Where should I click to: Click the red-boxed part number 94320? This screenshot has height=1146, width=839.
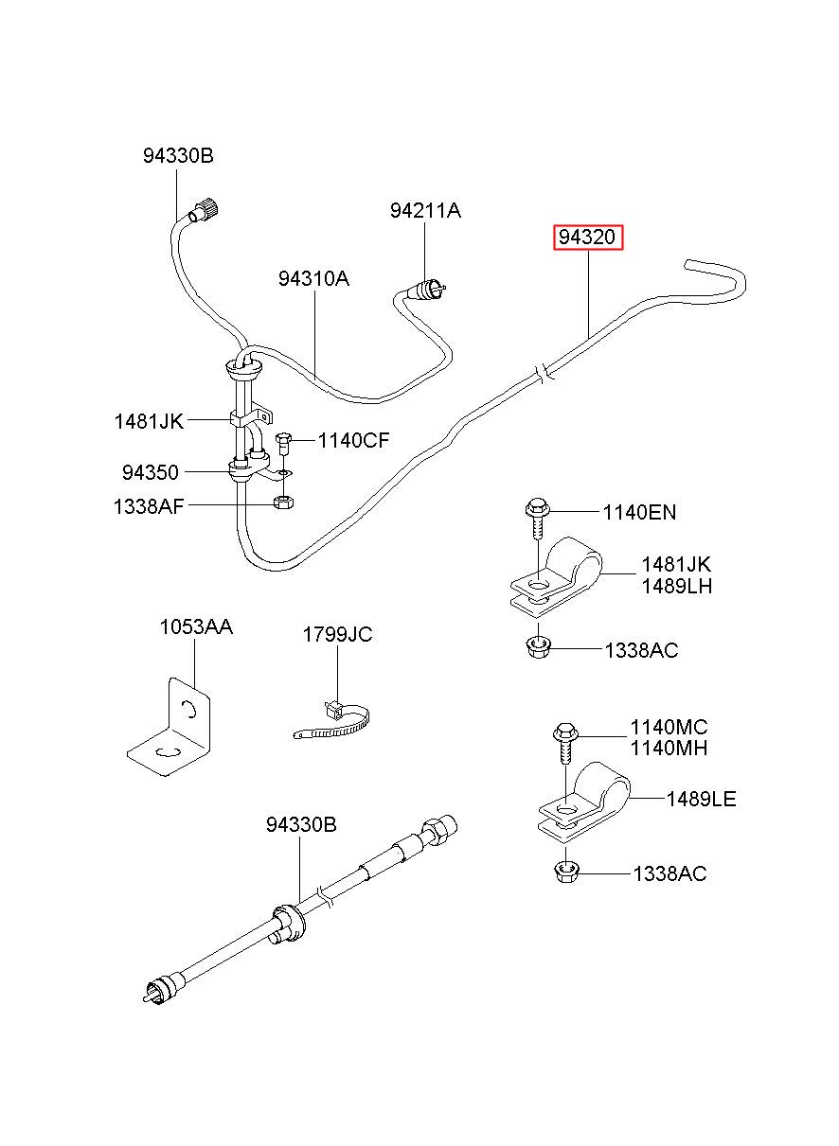[x=589, y=238]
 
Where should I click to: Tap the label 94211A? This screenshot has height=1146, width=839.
[x=425, y=210]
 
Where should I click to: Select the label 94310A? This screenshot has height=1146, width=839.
[x=313, y=278]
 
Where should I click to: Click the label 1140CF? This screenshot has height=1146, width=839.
[x=353, y=440]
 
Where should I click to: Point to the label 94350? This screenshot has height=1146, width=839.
[x=150, y=471]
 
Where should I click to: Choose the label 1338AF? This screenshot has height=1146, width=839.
[x=149, y=506]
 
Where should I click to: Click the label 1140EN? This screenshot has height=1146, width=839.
[x=640, y=513]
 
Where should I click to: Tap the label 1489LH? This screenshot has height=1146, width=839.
[x=676, y=586]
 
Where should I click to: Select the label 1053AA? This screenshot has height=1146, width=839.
[x=195, y=626]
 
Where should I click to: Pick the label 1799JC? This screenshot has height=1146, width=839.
[x=337, y=634]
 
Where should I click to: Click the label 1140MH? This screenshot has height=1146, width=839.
[x=669, y=749]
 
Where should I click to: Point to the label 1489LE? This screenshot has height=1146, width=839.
[x=701, y=800]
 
